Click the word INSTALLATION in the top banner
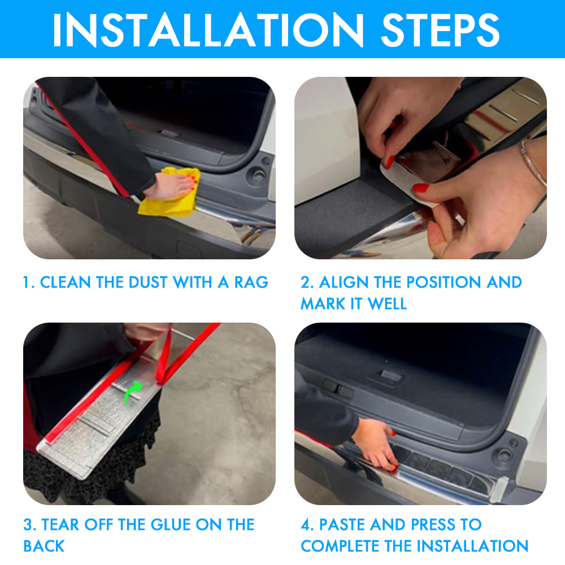point(208,29)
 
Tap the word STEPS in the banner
point(440,29)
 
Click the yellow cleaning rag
point(169,193)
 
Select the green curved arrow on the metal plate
point(133,393)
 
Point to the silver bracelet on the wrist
point(533,162)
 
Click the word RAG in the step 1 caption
point(251,282)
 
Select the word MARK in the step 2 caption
point(323,304)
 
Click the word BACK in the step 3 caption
point(44,546)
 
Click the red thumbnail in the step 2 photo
point(420,188)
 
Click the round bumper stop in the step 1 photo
point(258,176)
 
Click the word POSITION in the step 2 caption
point(428,282)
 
